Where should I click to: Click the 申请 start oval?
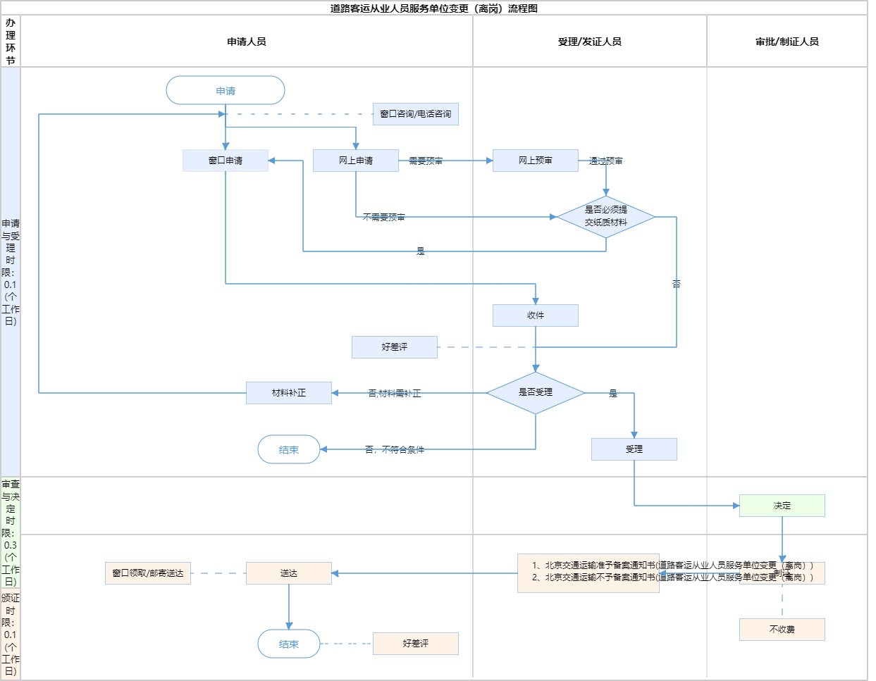tap(226, 91)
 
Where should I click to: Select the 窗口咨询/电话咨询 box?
tap(416, 114)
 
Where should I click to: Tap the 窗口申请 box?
tap(226, 161)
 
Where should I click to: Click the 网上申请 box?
tap(356, 161)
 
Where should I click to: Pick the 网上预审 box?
tap(536, 161)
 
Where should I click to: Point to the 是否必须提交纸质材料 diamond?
tap(606, 216)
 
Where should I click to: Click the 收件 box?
tap(536, 315)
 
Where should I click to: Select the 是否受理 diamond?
tap(536, 392)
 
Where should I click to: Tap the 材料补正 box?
tap(289, 393)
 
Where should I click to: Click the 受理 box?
tap(634, 449)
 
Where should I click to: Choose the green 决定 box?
tap(782, 506)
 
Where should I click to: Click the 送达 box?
tap(289, 573)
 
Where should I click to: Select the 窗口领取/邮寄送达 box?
tap(148, 573)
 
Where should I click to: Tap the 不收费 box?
tap(782, 630)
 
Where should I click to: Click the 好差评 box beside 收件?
tap(395, 347)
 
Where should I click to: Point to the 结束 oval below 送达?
tap(289, 644)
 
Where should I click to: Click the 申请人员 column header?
tap(247, 42)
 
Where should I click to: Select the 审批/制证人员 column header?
tap(787, 42)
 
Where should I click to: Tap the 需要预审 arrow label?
tap(426, 161)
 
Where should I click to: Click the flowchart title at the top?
tap(434, 8)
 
